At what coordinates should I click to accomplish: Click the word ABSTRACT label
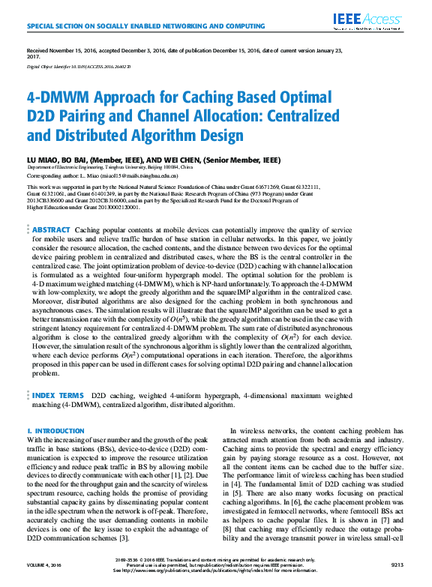pos(51,229)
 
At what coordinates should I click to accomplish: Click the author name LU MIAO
pos(42,159)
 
